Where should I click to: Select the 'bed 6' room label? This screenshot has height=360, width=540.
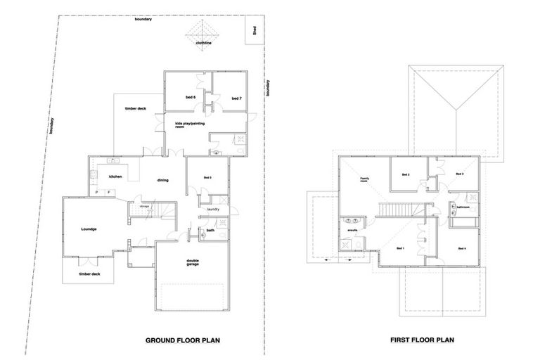click(x=190, y=97)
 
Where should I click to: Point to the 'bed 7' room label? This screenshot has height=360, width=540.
click(x=237, y=98)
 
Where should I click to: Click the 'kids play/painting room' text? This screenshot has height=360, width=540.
click(x=188, y=126)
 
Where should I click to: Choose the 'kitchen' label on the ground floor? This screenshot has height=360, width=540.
click(x=115, y=176)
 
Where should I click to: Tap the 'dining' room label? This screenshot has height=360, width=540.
click(x=162, y=181)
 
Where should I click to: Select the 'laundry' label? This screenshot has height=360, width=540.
click(x=214, y=209)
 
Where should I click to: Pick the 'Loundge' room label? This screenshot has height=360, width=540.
click(x=88, y=229)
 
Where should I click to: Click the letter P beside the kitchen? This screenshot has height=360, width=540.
click(x=97, y=191)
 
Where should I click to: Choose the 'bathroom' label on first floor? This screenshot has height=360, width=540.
click(x=463, y=207)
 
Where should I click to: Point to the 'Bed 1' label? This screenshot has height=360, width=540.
click(x=400, y=249)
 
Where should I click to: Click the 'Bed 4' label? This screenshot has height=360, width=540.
click(x=461, y=249)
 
